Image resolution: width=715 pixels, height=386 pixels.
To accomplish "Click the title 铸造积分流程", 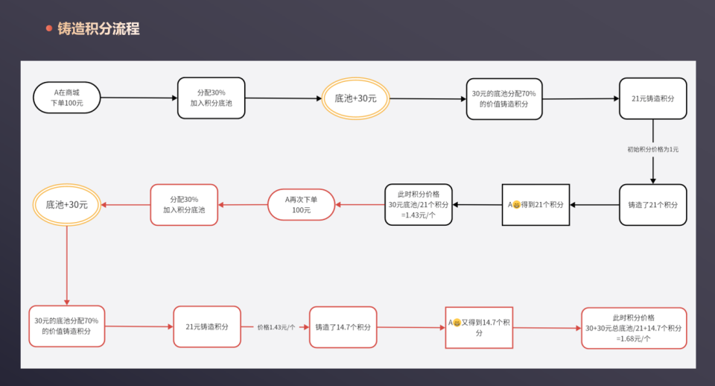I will [x=98, y=29].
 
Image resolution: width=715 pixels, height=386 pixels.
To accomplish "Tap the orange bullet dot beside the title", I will [x=49, y=29].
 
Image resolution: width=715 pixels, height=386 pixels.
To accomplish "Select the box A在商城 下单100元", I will [x=66, y=98].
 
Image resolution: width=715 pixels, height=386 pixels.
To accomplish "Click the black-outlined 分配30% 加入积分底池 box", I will [x=212, y=98].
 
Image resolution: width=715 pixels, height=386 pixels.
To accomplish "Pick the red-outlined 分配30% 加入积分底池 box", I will [x=184, y=205].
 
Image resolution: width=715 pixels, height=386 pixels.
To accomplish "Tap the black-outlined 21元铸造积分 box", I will [x=652, y=98].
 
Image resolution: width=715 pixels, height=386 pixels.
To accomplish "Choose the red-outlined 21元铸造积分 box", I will [x=207, y=326].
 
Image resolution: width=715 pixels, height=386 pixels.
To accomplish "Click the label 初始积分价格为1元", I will [x=652, y=150].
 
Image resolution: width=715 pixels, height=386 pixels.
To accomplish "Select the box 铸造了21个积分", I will [x=652, y=205].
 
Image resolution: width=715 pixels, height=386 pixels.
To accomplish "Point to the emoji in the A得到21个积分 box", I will [x=516, y=205].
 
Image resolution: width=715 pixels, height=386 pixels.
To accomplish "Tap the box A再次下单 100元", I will [x=301, y=205].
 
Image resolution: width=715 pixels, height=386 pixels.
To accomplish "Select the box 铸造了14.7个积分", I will [x=343, y=326].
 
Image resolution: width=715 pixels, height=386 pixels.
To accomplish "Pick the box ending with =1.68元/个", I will [x=634, y=328].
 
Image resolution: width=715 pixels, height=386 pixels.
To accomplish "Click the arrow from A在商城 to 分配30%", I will [x=139, y=98].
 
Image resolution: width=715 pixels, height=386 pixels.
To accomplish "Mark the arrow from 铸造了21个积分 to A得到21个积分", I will [x=594, y=205].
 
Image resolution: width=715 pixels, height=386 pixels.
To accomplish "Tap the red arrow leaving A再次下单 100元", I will [x=243, y=205].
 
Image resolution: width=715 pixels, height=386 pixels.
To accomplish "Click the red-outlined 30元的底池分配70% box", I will [x=66, y=326].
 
